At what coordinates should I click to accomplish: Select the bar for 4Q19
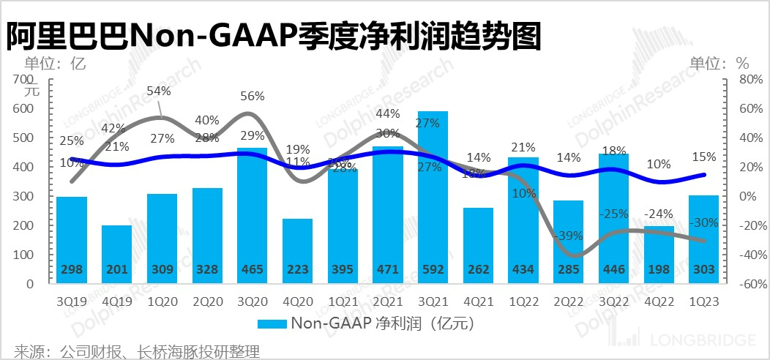[117, 252]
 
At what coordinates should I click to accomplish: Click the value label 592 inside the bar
[433, 270]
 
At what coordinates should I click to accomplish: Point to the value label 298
[72, 270]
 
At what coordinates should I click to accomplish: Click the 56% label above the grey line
[253, 96]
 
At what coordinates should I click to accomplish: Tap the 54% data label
[159, 91]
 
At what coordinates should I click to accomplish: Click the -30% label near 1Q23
[706, 222]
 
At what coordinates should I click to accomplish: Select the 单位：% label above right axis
[721, 62]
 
